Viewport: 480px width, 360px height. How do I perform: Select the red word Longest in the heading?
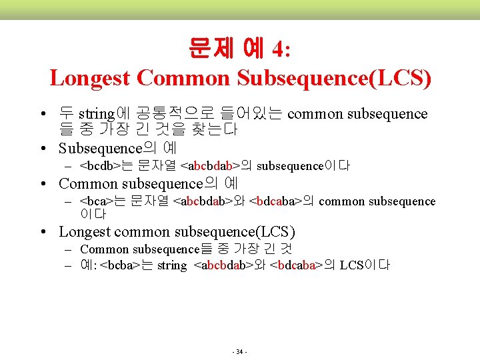pos(90,78)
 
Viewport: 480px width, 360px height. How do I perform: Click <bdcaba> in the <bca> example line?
pos(275,201)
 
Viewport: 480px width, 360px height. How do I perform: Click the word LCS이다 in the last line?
pos(365,265)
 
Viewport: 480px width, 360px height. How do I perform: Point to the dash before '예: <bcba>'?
pos(69,265)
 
